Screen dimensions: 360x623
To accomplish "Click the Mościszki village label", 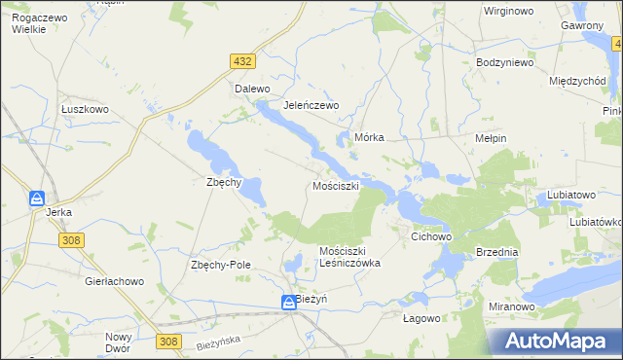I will (x=336, y=185).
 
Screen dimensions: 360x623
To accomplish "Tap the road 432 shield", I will (x=243, y=61).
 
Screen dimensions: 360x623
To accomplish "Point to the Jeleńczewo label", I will (x=310, y=105).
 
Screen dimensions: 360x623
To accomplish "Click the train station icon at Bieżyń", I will (x=289, y=304).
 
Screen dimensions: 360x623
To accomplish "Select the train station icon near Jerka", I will (x=36, y=198).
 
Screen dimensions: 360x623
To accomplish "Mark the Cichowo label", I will (x=432, y=236).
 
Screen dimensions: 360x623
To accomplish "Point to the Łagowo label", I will (x=422, y=317).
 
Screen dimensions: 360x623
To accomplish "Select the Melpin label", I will (x=491, y=139).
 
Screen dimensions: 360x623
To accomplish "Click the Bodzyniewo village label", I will (x=504, y=62).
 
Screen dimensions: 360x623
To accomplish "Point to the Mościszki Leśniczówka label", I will (x=349, y=257).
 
